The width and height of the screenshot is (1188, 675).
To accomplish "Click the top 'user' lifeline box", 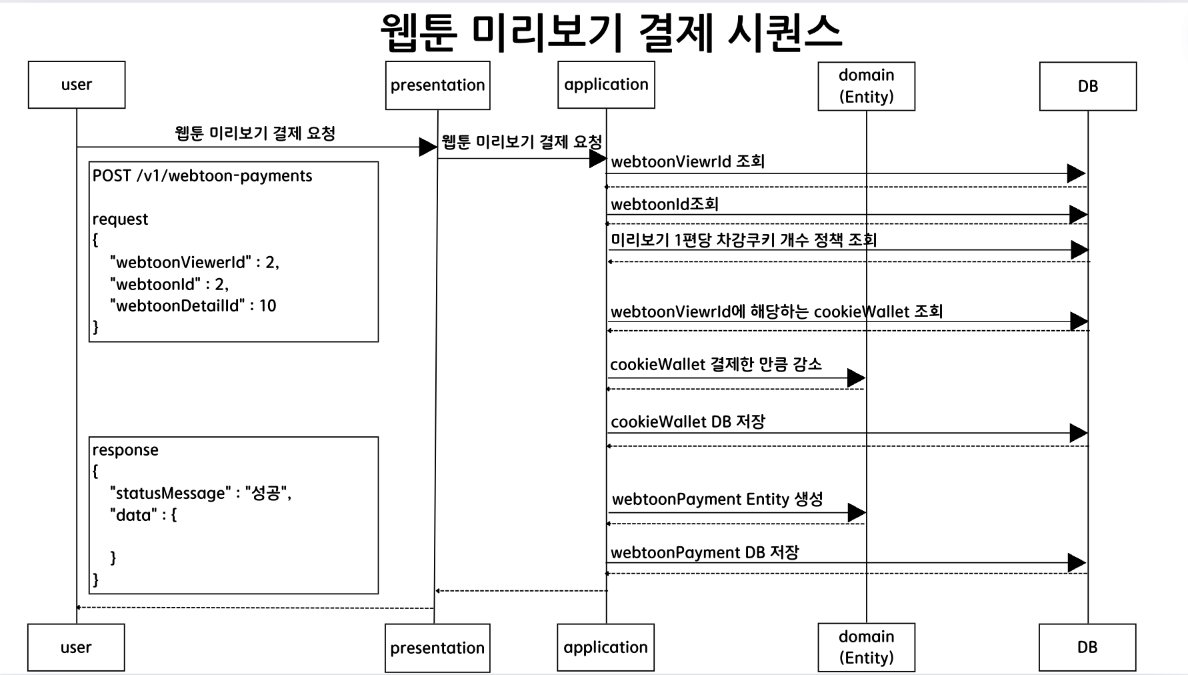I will (x=77, y=85).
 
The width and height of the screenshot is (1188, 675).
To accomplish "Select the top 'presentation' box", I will (x=437, y=85).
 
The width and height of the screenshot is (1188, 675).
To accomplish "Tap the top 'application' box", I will (x=606, y=85).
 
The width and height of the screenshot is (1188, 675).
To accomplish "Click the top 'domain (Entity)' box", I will (x=866, y=86).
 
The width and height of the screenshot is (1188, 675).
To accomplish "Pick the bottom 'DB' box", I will (x=1087, y=647).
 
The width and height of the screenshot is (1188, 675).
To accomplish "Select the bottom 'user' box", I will (x=76, y=647).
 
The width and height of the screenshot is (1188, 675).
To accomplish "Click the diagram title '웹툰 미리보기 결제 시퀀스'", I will (x=611, y=32).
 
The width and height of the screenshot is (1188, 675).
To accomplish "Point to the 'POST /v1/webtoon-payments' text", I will (x=202, y=176).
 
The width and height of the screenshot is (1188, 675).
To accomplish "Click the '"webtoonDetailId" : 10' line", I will (x=193, y=306).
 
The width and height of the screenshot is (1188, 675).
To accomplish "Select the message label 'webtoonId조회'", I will (x=664, y=204).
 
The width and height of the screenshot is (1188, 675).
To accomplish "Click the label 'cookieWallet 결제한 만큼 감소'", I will (x=715, y=365).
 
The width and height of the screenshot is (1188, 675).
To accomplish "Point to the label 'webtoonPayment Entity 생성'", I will (x=717, y=500).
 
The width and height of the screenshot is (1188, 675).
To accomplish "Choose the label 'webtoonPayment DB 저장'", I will (x=705, y=552).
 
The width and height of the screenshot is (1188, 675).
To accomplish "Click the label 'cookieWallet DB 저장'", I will (x=687, y=422).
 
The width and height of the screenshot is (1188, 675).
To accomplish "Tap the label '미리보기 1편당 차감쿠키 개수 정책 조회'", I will (x=743, y=240).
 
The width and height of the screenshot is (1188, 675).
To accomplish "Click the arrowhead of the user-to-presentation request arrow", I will (x=427, y=147).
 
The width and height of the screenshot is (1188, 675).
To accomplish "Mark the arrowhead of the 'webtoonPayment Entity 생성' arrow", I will (x=856, y=513).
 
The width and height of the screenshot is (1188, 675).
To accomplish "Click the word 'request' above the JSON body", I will (x=120, y=219).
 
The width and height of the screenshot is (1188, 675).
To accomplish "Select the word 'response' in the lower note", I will (x=125, y=450).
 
